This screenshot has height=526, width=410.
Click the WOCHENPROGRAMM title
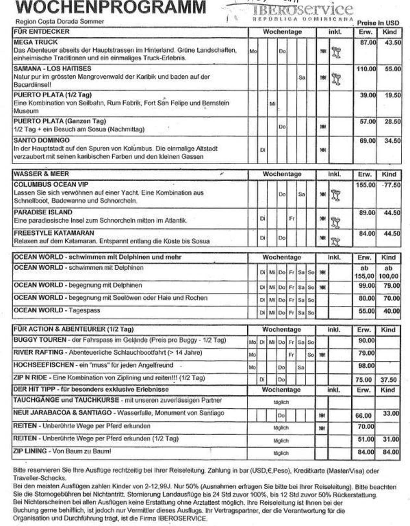111,7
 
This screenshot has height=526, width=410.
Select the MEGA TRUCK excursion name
35,42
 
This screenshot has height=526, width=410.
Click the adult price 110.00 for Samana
366,69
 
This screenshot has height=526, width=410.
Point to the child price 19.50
392,95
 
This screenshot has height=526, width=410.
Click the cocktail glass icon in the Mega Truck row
336,52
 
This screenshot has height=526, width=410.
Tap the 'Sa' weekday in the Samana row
302,78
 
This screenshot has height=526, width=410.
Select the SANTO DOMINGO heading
42,140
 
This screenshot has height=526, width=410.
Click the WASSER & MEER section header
41,174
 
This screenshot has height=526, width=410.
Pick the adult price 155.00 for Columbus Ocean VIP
365,185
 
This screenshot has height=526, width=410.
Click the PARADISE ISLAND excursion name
43,212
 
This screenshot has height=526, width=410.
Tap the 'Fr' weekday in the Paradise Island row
292,219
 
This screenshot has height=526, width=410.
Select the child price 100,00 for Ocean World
388,276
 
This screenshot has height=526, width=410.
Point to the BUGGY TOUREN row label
40,340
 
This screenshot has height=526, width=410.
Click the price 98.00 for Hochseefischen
366,366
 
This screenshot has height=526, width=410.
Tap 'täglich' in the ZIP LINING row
281,453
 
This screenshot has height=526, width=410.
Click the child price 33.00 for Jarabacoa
391,413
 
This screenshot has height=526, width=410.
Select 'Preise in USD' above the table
378,23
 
